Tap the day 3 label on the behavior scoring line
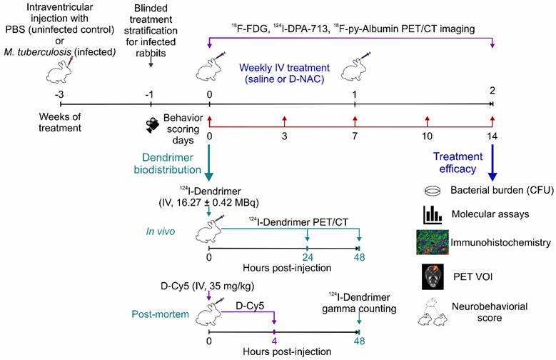click(x=284, y=136)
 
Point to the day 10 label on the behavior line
click(x=427, y=136)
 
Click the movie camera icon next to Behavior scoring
click(x=153, y=126)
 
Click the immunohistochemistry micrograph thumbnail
click(x=431, y=243)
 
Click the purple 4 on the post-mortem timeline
click(x=274, y=341)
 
